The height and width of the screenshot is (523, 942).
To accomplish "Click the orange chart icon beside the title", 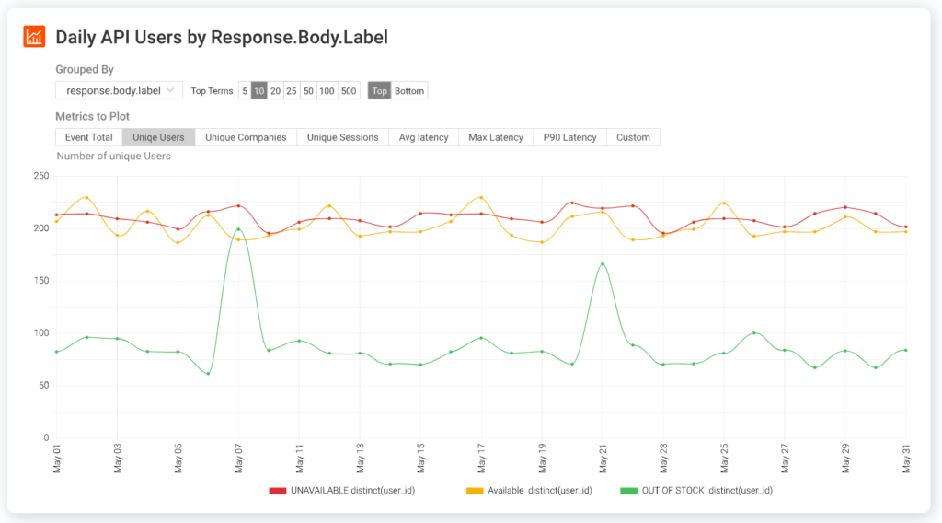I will [x=34, y=37].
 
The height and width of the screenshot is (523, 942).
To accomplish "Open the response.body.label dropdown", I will [x=119, y=91].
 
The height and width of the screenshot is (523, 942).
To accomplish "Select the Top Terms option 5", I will [x=244, y=91].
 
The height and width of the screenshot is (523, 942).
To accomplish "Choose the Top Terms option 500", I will [x=349, y=91].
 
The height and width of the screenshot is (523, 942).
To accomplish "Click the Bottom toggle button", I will [x=409, y=91].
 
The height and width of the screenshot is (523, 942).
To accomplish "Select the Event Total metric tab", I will [x=89, y=137].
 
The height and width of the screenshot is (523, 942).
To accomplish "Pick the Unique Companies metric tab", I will [x=246, y=137].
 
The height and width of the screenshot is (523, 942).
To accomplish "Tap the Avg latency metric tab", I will [x=423, y=137].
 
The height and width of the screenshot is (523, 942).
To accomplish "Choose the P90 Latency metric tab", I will [x=569, y=137].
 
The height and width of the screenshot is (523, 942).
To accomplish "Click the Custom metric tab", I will [x=633, y=137].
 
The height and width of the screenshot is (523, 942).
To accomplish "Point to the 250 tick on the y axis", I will [x=40, y=176].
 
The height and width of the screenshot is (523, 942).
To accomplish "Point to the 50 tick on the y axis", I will [x=42, y=386].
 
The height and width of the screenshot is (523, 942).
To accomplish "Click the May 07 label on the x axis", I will [x=239, y=459].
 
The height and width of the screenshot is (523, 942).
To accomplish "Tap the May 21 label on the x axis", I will [x=603, y=459].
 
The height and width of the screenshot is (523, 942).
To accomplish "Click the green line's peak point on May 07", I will [x=238, y=229].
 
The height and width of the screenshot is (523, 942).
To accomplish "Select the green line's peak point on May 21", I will [x=603, y=264].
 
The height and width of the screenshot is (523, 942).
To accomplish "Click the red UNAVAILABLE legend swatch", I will [x=278, y=491].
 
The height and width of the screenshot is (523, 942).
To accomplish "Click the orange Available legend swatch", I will [x=476, y=491].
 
